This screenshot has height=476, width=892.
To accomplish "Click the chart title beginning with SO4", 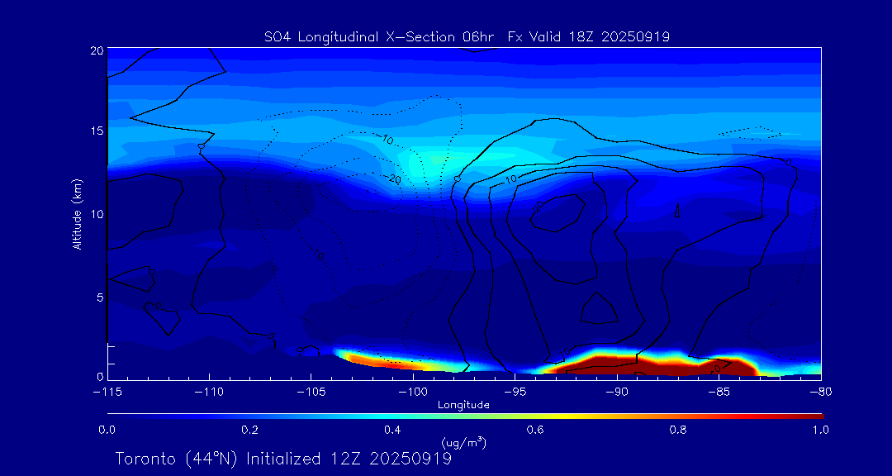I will point(467,36).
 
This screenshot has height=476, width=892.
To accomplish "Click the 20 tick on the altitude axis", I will point(96,50).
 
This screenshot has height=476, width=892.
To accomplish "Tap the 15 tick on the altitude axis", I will point(96,131).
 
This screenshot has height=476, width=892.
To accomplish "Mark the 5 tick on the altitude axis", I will point(98,297).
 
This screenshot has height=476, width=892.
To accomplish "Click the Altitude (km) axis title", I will point(77,214).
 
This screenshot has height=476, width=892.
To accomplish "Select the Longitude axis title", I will point(463,405).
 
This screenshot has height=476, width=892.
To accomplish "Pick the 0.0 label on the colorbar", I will point(107,430).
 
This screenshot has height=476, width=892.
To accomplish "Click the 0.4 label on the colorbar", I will point(392,430).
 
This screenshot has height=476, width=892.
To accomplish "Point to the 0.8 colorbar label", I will point(678,430).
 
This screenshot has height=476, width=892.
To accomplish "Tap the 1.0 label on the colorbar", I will point(820,430).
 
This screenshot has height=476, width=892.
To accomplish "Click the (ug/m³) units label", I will point(463,443).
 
